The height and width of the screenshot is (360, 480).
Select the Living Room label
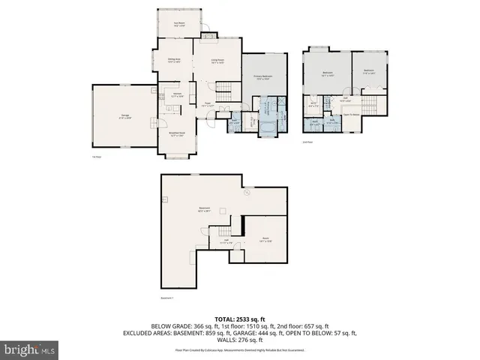(x=217, y=61)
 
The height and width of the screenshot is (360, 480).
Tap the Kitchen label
(x=178, y=95)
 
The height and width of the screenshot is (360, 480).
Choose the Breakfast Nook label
(x=177, y=135)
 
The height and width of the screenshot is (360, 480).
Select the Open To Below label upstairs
(x=349, y=114)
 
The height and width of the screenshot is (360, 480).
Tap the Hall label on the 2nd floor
(x=346, y=99)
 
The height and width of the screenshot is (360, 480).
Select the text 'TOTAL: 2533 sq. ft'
(x=239, y=319)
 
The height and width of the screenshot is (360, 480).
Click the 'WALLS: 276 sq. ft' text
(x=239, y=340)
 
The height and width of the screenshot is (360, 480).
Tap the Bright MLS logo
(x=29, y=349)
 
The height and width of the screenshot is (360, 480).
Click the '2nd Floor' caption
(x=307, y=142)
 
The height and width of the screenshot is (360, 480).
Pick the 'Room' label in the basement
(x=265, y=239)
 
